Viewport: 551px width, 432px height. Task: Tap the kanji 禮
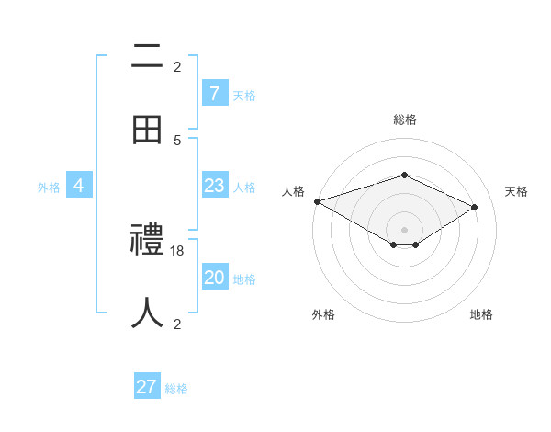click(x=147, y=241)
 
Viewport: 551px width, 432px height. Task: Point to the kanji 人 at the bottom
click(x=147, y=313)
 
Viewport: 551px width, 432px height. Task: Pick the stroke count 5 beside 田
click(x=177, y=140)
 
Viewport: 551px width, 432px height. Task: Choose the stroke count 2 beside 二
click(x=177, y=66)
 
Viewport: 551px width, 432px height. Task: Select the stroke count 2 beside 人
click(x=177, y=324)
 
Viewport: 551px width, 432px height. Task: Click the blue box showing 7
click(x=214, y=93)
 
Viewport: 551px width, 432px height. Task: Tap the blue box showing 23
click(x=214, y=186)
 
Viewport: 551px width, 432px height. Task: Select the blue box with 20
click(x=214, y=278)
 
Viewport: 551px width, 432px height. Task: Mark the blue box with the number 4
click(x=79, y=186)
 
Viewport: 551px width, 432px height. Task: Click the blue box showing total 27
click(x=147, y=387)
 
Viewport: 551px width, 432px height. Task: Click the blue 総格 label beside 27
click(x=176, y=389)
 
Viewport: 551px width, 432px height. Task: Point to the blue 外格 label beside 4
click(x=49, y=188)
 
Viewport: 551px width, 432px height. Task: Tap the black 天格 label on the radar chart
click(x=517, y=191)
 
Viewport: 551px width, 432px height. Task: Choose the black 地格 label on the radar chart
click(x=481, y=314)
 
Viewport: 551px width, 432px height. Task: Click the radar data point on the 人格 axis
click(x=317, y=201)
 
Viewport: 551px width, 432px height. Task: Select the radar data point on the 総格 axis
click(x=404, y=175)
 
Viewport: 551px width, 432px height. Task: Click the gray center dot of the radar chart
click(x=404, y=229)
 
